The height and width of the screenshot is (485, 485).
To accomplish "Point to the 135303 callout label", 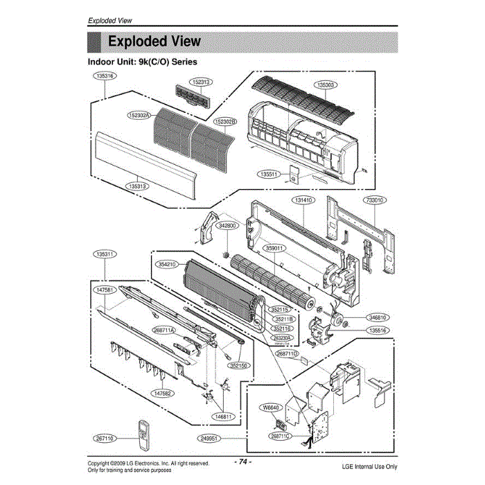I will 325,85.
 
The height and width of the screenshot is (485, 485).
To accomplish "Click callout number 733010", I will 375,200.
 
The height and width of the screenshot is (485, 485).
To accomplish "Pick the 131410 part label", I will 303,200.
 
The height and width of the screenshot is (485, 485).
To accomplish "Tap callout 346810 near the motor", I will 378,317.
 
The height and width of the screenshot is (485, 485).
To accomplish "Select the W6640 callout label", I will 274,408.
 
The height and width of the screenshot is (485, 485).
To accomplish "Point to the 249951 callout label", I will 209,439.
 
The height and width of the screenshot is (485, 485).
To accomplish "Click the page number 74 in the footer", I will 242,461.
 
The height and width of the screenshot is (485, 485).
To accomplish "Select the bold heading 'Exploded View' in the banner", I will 155,42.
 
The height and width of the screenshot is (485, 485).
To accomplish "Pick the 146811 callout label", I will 225,416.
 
